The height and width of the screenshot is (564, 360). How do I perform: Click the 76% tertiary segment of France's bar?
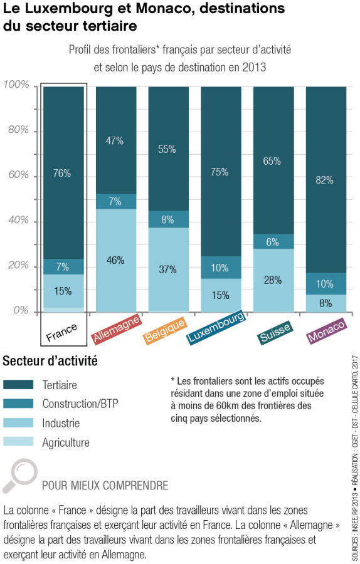pyautogui.click(x=63, y=173)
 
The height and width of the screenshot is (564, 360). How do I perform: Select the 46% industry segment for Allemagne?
pyautogui.click(x=115, y=260)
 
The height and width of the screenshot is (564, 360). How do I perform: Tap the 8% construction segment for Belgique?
pyautogui.click(x=168, y=219)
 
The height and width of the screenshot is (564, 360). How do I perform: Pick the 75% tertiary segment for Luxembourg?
pyautogui.click(x=221, y=172)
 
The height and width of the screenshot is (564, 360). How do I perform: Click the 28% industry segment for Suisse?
pyautogui.click(x=273, y=280)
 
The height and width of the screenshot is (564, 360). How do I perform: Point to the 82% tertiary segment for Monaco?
pyautogui.click(x=326, y=180)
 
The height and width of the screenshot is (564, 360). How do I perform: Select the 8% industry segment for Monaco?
pyautogui.click(x=326, y=303)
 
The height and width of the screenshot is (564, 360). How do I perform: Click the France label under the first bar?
pyautogui.click(x=63, y=331)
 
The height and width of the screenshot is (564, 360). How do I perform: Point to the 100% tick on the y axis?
pyautogui.click(x=16, y=85)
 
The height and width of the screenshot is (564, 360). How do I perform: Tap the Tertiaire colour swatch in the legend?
pyautogui.click(x=18, y=385)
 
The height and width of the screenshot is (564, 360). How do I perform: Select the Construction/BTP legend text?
pyautogui.click(x=80, y=404)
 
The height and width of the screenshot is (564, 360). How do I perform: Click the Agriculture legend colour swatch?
pyautogui.click(x=18, y=442)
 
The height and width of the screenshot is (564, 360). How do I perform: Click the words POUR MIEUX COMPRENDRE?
pyautogui.click(x=105, y=486)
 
